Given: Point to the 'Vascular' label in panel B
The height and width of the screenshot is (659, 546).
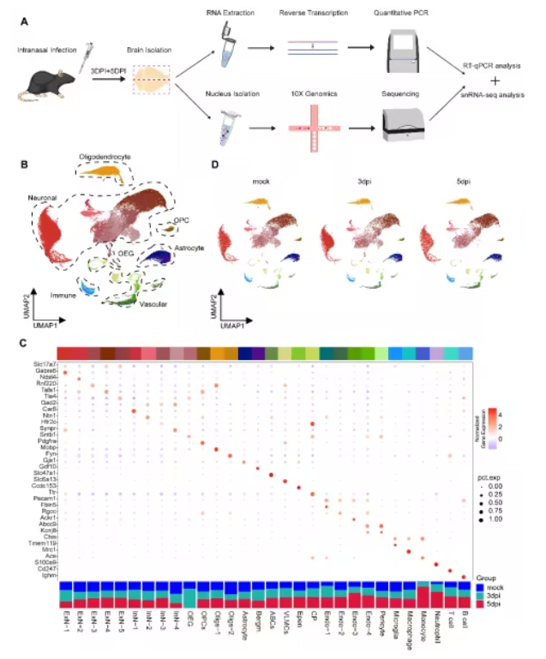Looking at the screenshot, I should click(x=154, y=303).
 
